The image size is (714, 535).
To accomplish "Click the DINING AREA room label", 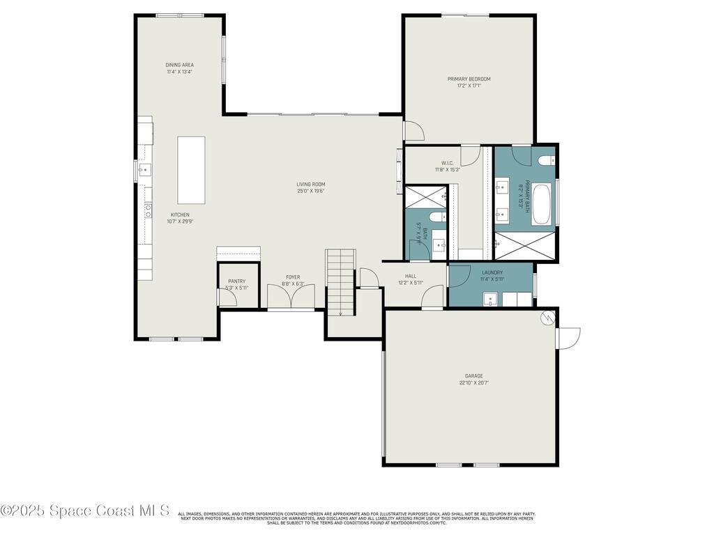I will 179,65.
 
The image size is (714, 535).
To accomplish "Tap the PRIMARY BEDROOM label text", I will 469,79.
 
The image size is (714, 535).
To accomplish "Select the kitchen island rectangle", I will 191,169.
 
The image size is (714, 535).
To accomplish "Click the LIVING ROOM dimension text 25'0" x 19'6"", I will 310,191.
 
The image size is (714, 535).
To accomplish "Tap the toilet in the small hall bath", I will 437,217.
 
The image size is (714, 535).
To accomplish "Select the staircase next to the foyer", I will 340,282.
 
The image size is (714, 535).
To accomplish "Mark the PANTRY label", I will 236,281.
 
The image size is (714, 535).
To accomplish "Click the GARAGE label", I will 473,376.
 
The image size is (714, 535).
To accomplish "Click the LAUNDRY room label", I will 492,272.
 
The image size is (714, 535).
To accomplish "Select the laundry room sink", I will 490,300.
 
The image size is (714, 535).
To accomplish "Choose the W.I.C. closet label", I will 448,163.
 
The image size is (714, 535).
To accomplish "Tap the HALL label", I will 411,276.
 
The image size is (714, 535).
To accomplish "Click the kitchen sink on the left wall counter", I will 144,169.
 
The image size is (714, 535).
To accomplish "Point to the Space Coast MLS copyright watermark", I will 84,511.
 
